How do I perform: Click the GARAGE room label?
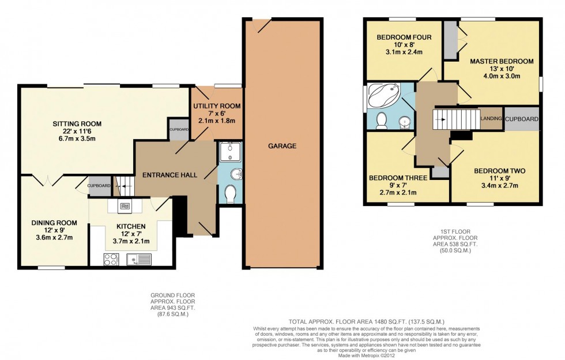pos(282,146)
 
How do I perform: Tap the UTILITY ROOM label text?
pos(217,107)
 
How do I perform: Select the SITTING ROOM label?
pos(77,123)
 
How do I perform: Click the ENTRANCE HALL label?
pos(169,175)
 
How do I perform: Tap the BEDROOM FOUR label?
pos(404,37)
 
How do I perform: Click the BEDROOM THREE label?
pos(398,178)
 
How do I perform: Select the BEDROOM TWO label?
pos(499,171)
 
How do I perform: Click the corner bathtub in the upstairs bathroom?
pos(383,95)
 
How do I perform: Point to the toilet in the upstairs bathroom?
pos(381,120)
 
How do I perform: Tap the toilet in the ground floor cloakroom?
pos(229,194)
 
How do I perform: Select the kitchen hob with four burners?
pos(110,259)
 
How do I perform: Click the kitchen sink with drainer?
pos(138,259)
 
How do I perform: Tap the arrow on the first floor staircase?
pos(440,120)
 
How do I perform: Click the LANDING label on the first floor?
pos(491,119)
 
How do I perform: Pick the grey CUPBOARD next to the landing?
pos(522,119)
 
